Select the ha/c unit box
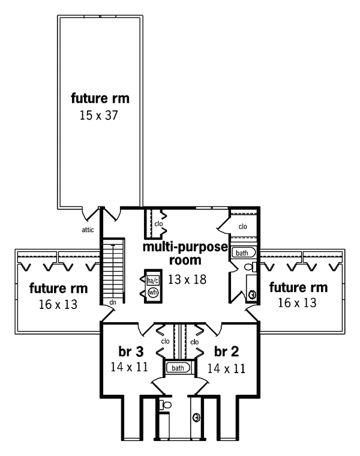tap(152, 280)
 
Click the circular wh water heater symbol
tap(152, 292)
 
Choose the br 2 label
tap(226, 350)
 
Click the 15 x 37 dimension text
tap(100, 115)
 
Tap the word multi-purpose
tap(185, 247)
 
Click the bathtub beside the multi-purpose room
tap(244, 253)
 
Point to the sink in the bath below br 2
tap(196, 417)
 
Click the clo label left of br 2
tap(194, 342)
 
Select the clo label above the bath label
tap(242, 226)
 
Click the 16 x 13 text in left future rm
tap(58, 304)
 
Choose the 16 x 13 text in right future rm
tap(298, 303)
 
